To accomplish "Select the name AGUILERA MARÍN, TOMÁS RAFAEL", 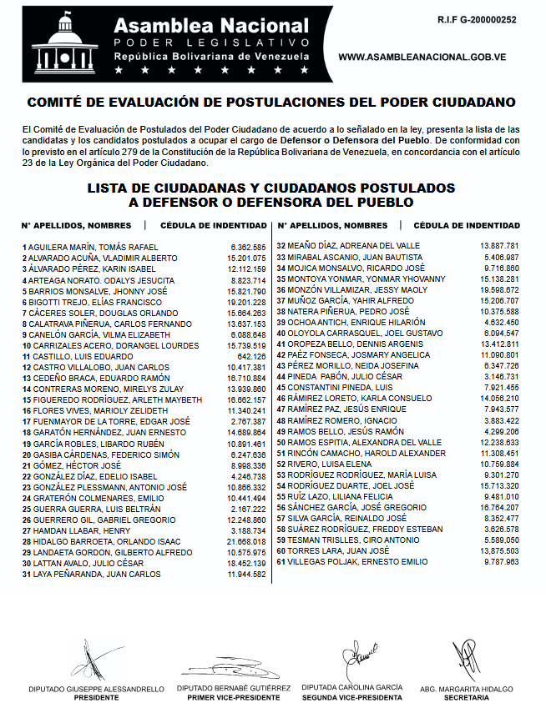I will [93, 248].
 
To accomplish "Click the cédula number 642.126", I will [251, 355].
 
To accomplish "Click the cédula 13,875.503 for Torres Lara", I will [500, 550].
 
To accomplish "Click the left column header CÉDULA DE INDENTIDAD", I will [213, 225].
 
